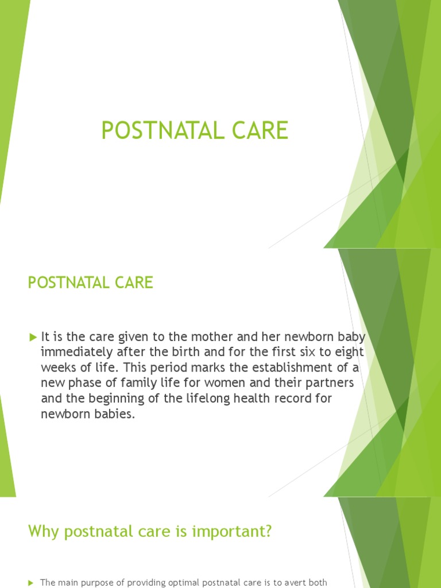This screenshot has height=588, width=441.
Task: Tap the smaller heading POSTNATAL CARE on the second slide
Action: (91, 283)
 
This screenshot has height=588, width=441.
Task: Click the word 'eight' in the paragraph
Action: (349, 351)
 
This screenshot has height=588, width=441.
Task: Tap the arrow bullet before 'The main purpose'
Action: (31, 583)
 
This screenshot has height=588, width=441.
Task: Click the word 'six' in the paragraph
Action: (303, 351)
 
